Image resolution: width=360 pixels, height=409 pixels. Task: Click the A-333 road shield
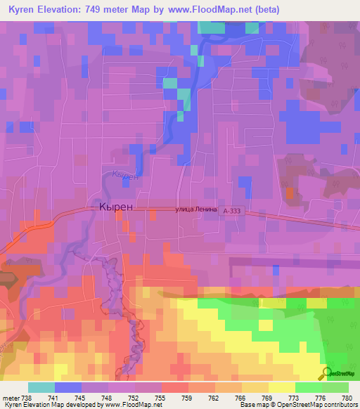[x=231, y=210]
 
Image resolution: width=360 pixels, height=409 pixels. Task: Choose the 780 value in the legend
[x=347, y=397]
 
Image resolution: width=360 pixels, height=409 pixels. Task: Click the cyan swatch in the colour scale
[x=41, y=387]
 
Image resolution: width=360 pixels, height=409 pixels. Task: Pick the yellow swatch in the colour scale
[x=281, y=387]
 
